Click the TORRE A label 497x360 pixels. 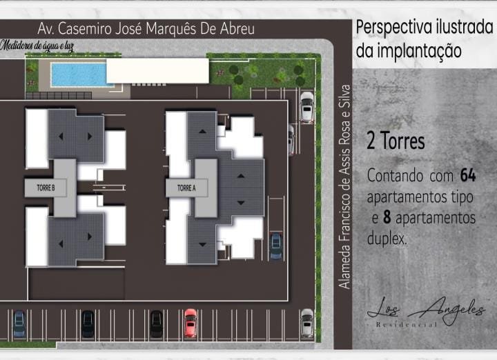coord(186,188)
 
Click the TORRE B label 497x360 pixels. coord(46,188)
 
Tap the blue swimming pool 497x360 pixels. coord(79,74)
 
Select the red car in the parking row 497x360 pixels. coord(191,323)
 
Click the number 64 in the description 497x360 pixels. coord(468,175)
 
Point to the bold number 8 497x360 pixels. coord(387,217)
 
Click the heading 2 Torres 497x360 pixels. coord(396,141)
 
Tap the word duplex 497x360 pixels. coord(387,238)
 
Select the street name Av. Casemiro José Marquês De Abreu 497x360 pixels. coord(146,28)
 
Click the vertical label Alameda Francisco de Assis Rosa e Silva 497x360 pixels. coord(344,187)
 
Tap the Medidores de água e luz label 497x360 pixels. coord(37,46)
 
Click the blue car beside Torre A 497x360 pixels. coord(275,246)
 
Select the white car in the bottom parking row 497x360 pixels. coord(306,323)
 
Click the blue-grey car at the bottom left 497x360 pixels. coord(19,324)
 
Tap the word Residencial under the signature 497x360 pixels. coord(407,325)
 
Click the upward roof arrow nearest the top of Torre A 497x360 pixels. coord(202,131)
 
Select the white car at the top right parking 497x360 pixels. coord(306,107)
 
